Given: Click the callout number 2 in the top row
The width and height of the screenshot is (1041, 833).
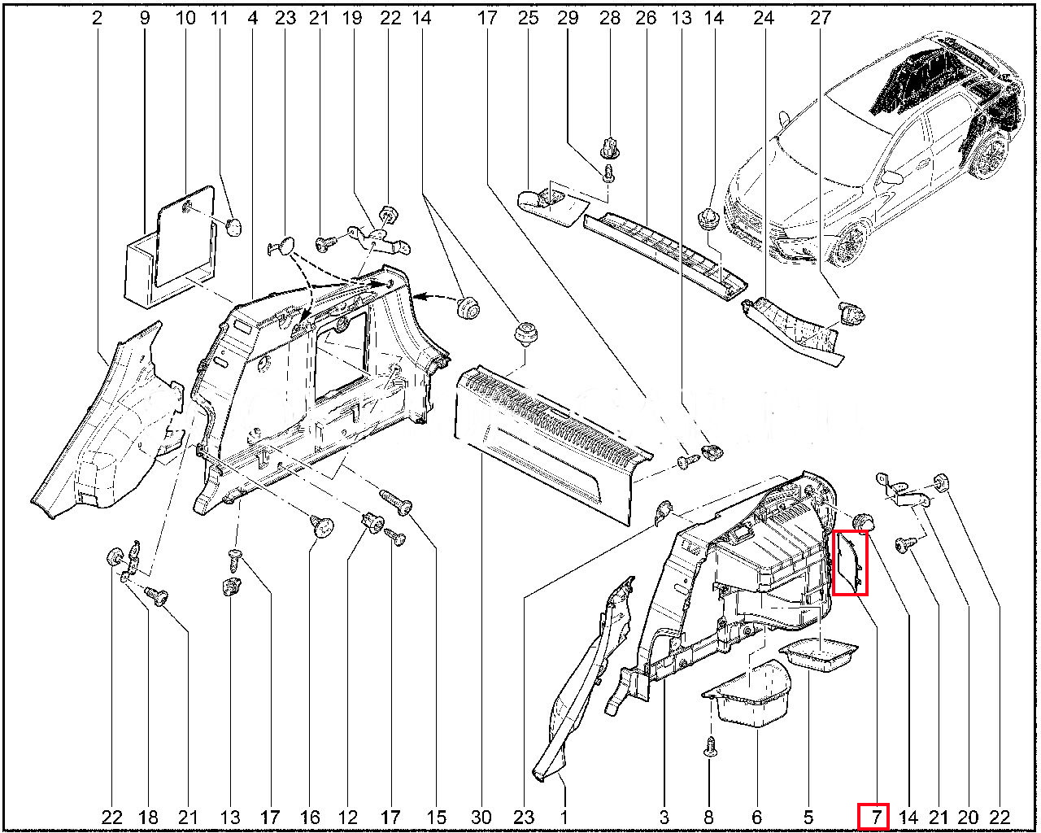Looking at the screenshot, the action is [97, 19].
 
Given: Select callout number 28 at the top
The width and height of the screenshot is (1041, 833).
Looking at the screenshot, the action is [609, 19].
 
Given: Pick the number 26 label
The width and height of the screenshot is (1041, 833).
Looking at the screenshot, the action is [646, 19].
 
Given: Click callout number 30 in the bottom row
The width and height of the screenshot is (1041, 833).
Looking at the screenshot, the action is [481, 818].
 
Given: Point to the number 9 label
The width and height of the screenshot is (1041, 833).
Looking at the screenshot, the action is [145, 19].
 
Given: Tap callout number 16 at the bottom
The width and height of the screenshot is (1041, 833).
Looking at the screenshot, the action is [310, 818].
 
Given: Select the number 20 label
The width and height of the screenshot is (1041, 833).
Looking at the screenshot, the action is [968, 818].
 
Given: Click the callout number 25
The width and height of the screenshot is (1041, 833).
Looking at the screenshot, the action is [529, 19].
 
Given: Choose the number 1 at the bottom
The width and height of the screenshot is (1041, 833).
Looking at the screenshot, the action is [564, 818].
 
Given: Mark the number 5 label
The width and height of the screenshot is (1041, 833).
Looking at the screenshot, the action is [808, 818].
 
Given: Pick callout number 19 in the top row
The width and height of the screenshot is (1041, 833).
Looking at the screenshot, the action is [352, 19].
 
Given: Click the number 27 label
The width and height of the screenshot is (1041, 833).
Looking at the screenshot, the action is [821, 19].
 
